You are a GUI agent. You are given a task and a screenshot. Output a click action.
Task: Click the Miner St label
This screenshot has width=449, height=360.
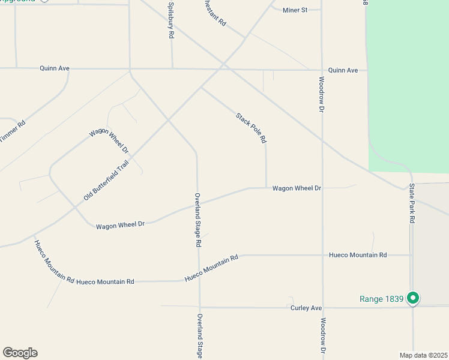tap(295, 10)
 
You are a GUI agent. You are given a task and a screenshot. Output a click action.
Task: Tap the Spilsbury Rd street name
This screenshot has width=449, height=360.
tap(171, 20)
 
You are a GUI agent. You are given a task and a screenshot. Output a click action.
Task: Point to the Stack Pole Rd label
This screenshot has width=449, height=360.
tap(251, 128)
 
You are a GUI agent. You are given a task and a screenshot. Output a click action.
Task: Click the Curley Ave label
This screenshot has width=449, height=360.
tap(306, 308)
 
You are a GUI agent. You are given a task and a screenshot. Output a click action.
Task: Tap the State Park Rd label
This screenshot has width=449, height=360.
tap(412, 204)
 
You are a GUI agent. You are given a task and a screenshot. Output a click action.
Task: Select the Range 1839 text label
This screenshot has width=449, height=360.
tap(382, 299)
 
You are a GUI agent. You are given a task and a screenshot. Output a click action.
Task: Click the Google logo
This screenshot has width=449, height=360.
tap(20, 353)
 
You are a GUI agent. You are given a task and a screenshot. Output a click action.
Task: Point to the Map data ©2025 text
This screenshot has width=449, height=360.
tap(423, 355)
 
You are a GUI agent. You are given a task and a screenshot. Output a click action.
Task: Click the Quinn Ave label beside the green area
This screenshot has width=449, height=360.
tap(343, 70)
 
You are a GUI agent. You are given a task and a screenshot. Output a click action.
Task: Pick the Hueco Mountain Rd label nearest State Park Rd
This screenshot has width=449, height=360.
tap(358, 255)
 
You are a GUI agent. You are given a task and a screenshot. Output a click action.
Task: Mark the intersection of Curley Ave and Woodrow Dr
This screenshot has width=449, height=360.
tap(323, 308)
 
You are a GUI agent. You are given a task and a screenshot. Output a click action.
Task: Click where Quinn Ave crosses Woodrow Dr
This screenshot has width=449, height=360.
tap(322, 70)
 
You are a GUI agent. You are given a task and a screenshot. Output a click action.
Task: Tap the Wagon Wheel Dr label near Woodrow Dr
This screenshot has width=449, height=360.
tap(297, 188)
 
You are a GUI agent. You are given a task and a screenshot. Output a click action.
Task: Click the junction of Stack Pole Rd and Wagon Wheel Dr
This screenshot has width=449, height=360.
tap(267, 188)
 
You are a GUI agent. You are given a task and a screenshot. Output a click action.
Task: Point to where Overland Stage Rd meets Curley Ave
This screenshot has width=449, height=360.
tap(199, 308)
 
